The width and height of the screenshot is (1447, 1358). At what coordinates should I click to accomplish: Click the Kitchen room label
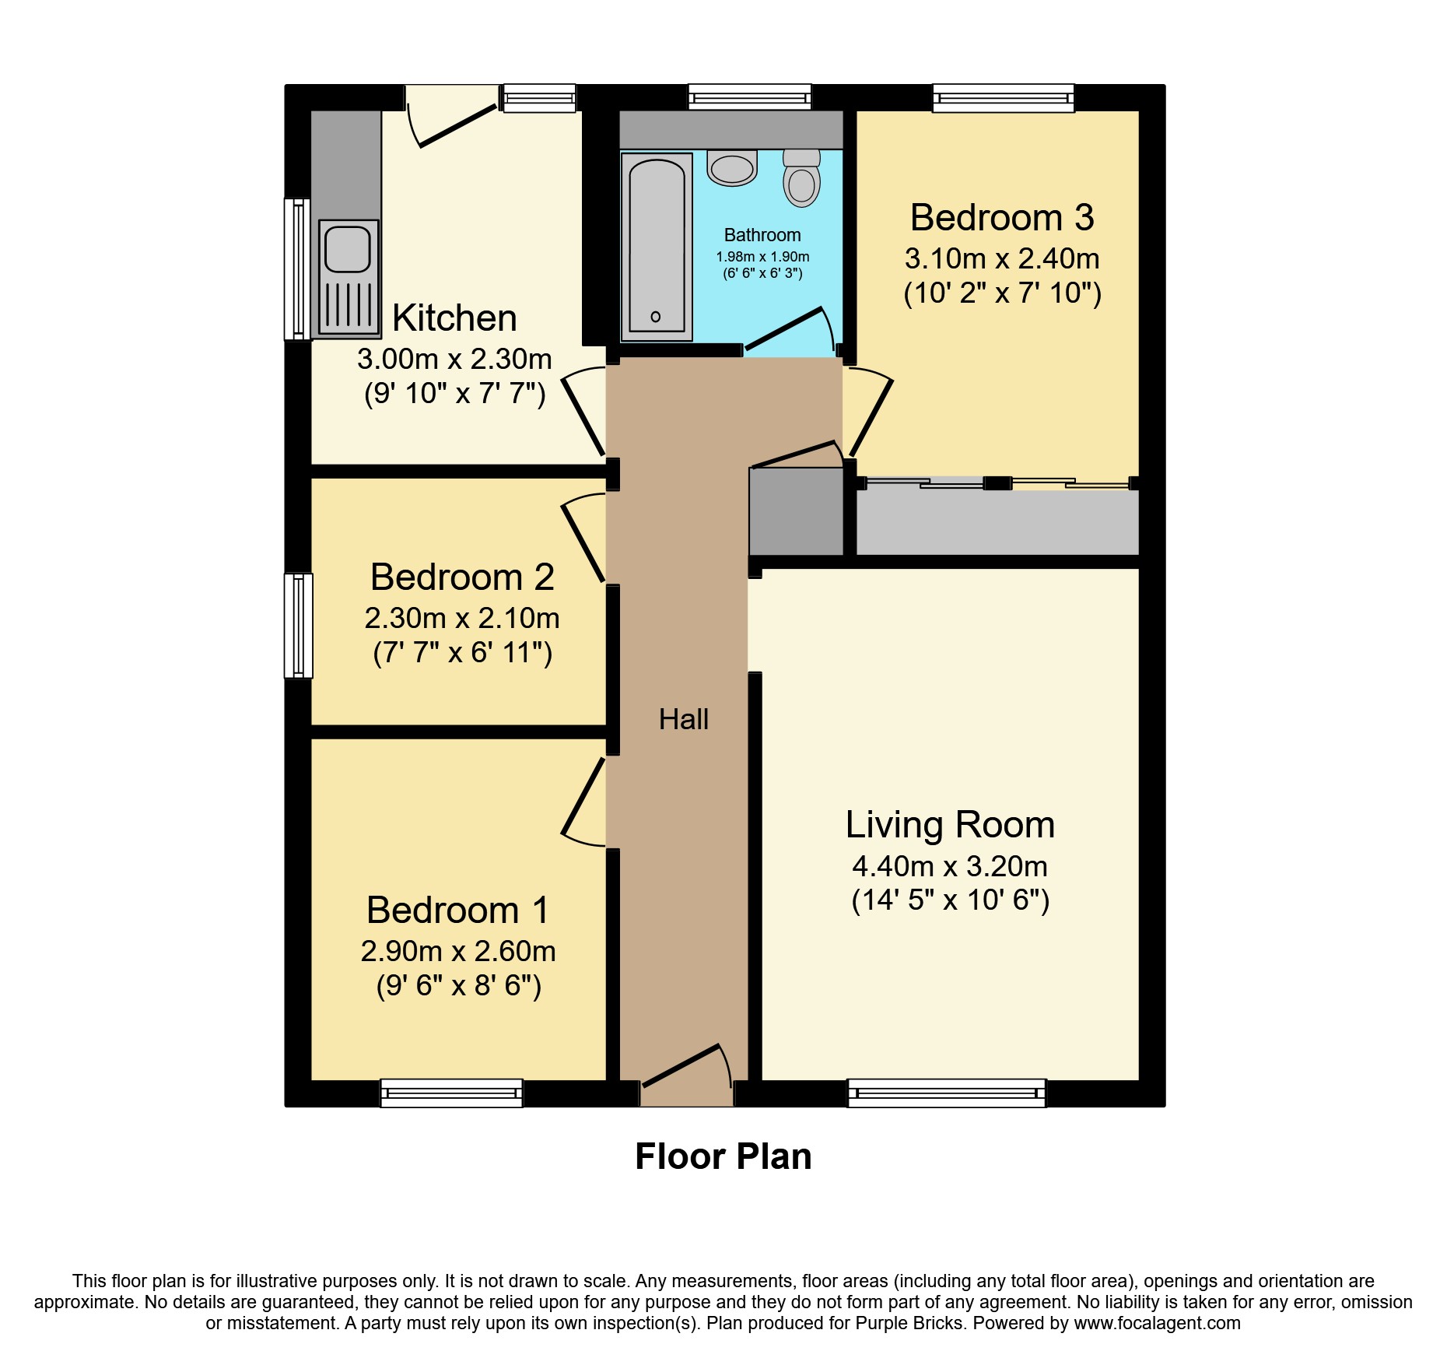[454, 318]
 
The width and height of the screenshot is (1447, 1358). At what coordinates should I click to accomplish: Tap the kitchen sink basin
[347, 248]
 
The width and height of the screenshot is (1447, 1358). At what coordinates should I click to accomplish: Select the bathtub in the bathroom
[657, 247]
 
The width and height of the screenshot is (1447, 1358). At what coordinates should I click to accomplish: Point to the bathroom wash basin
[732, 168]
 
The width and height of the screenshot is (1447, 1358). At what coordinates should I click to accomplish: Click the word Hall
[684, 719]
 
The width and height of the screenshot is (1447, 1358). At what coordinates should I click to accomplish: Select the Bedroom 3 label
[1002, 217]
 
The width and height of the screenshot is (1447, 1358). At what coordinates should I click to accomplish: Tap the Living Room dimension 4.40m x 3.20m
[950, 866]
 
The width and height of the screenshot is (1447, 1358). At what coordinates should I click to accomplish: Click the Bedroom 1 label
[458, 910]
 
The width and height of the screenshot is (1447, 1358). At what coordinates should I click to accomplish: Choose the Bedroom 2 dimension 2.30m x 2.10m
[462, 618]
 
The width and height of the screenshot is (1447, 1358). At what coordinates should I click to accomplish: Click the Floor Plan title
[723, 1156]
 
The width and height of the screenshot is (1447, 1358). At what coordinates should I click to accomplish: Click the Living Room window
[947, 1093]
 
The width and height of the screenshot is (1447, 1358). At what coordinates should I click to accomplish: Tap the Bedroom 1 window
[451, 1093]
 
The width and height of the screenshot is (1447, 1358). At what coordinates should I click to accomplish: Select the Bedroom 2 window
[298, 626]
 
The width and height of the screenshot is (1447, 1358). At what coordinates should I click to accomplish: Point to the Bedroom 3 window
[1004, 98]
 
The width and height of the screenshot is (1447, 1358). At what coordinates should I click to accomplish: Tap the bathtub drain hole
[656, 317]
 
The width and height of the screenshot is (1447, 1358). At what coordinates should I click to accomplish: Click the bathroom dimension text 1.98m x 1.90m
[762, 257]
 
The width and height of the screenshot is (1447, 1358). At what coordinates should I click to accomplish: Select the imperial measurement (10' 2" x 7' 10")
[1002, 293]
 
